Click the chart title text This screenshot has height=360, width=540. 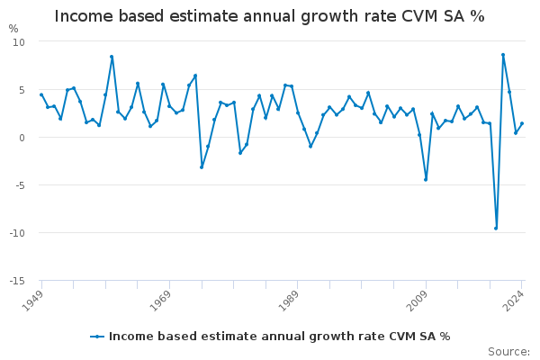click(269, 16)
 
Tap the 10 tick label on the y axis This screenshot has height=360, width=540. click(20, 42)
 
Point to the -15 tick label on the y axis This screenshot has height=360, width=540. click(18, 281)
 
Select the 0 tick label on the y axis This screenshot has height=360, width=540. click(22, 138)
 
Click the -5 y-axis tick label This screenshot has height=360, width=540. click(20, 185)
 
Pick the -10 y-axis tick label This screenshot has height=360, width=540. click(18, 233)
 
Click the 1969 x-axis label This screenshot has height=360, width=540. click(163, 300)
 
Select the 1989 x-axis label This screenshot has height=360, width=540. click(291, 300)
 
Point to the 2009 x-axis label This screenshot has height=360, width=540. click(418, 300)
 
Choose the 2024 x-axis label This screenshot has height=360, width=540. click(515, 300)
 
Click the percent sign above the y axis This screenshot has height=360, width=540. click(13, 29)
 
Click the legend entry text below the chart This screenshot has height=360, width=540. click(279, 337)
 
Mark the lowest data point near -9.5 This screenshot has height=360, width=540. click(496, 228)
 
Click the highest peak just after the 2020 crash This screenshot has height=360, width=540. click(503, 55)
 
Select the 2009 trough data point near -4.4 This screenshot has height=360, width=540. click(426, 179)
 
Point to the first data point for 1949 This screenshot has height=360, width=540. click(41, 94)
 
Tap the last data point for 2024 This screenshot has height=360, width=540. click(522, 123)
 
